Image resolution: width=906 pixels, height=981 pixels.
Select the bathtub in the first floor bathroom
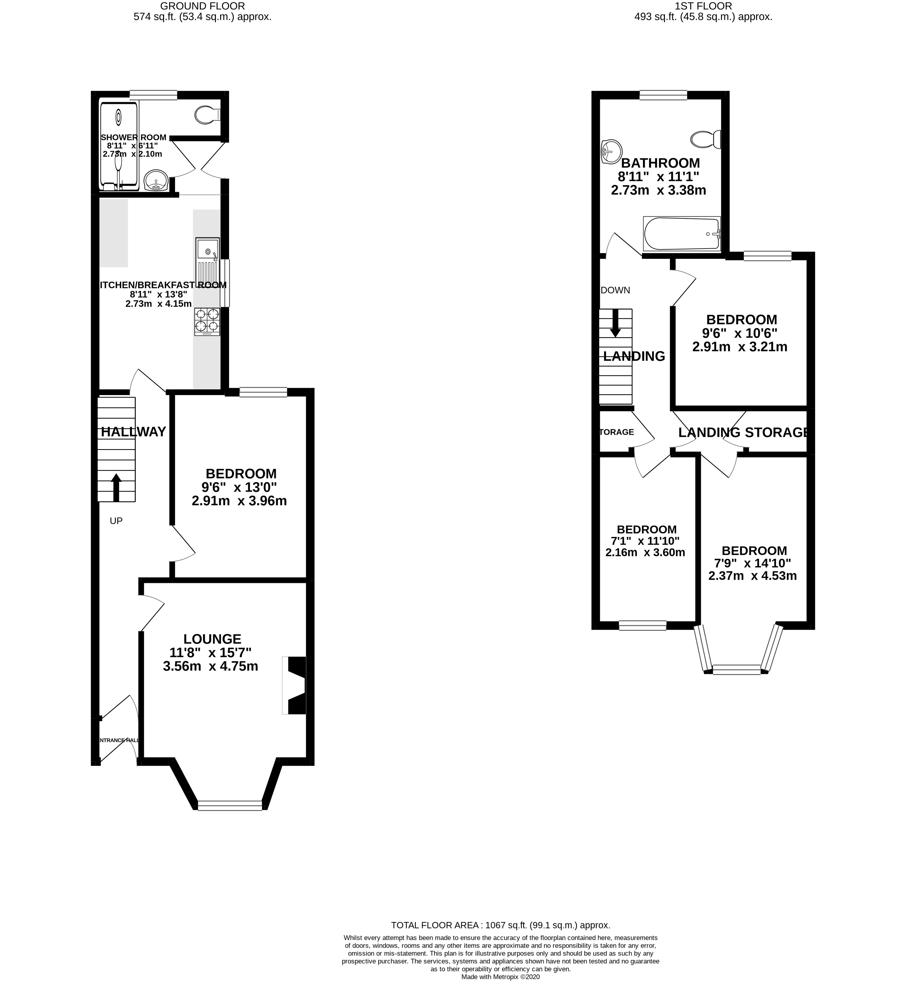[x=681, y=234]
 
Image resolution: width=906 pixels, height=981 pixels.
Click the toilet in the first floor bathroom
[x=706, y=140]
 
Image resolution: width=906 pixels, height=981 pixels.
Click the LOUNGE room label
[x=212, y=639]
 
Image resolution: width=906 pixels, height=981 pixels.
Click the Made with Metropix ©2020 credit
[x=500, y=977]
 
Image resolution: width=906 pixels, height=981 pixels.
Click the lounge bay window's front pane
[x=230, y=805]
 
